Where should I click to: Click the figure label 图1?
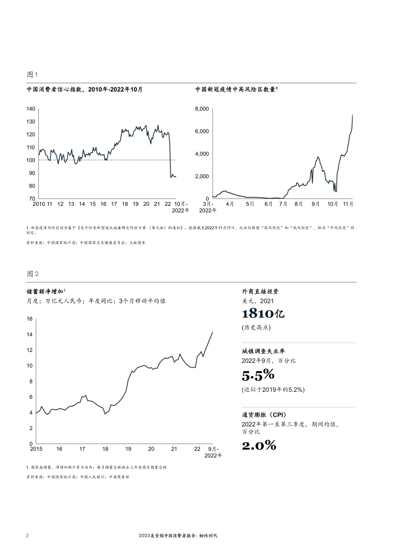32,75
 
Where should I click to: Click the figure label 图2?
32,274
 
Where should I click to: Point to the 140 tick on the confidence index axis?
30,109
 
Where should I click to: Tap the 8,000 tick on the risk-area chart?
202,109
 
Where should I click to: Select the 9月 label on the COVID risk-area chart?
316,204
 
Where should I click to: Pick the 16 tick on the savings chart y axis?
29,319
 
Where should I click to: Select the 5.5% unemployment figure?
258,375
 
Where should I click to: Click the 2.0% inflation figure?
259,446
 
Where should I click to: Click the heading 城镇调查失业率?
263,351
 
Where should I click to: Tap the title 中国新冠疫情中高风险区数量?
235,90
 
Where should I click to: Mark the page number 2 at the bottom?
27,536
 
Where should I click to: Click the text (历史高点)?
256,328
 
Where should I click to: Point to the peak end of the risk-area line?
352,115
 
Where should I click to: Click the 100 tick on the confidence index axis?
30,160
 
